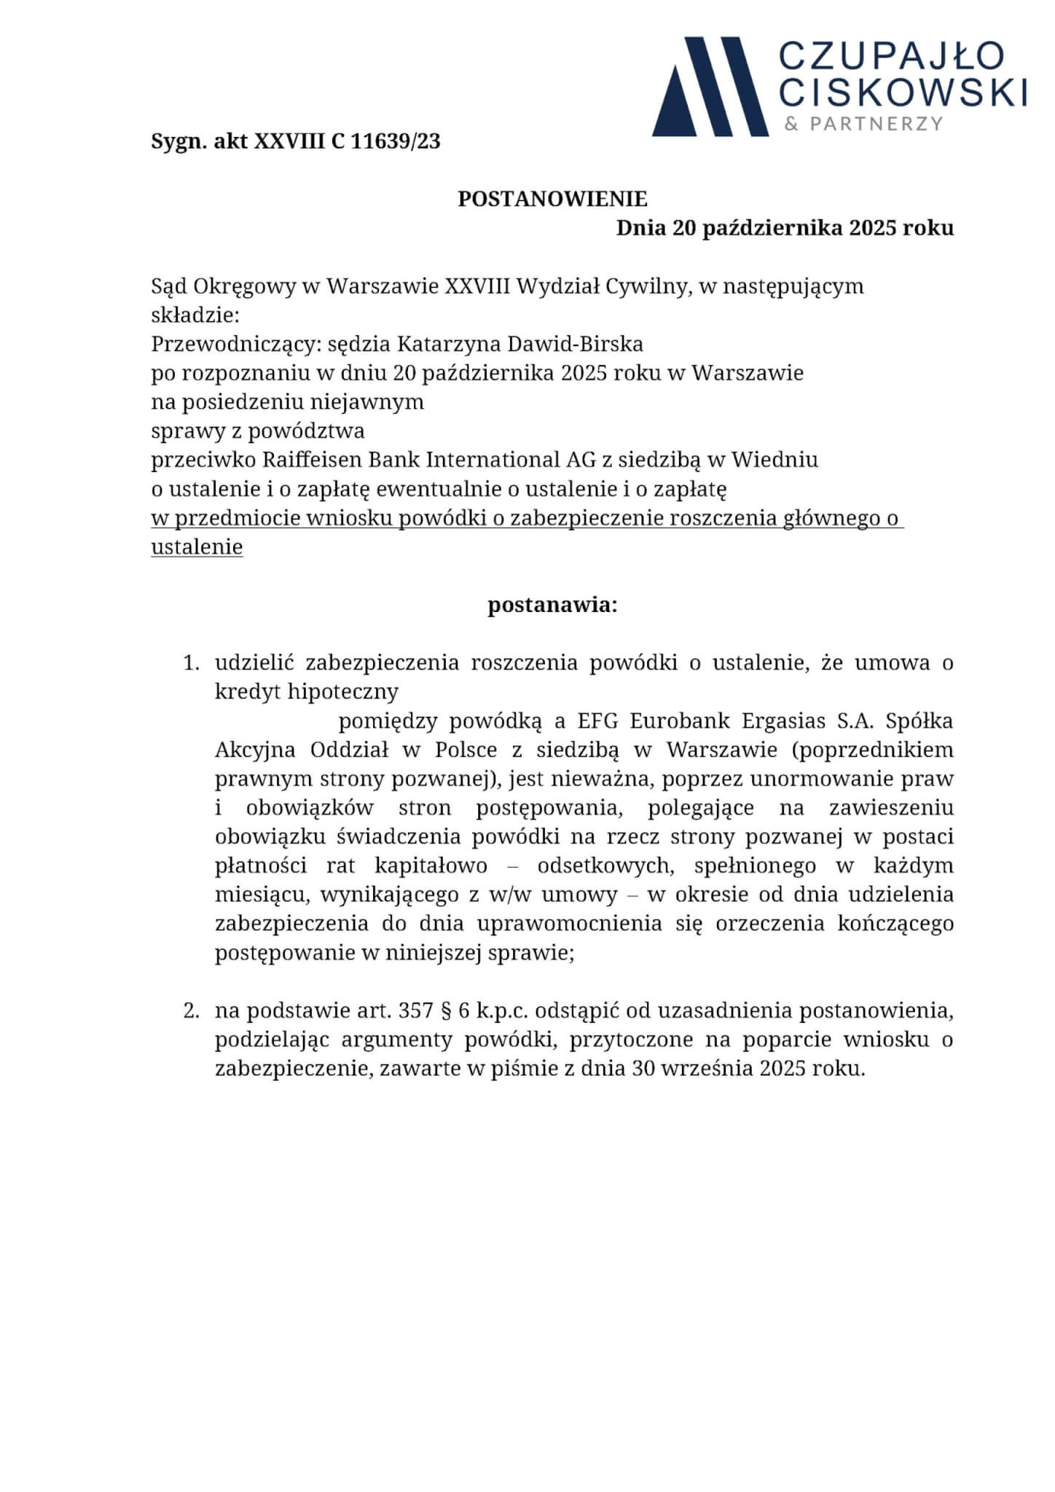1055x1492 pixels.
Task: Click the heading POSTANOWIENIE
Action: (x=552, y=199)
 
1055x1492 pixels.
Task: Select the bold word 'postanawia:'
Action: (x=552, y=605)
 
